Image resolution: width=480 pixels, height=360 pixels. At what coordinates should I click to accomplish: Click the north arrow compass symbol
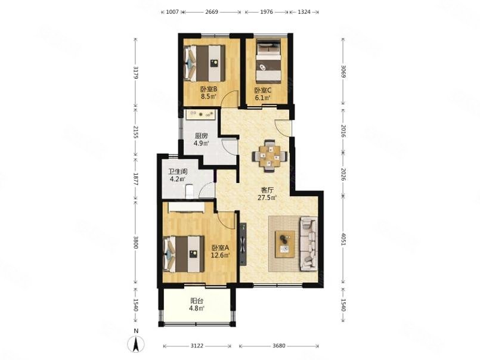coord(136,343)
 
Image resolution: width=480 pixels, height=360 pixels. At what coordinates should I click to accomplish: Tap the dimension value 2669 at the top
coord(212,12)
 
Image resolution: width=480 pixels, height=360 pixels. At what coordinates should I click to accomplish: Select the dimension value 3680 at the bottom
coord(278,346)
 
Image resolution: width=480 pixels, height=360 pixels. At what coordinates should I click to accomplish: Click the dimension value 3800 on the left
coord(136,242)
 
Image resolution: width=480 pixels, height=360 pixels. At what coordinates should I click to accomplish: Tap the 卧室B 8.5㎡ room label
coord(209,93)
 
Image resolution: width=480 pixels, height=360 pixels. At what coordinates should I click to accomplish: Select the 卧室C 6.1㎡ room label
coord(262,94)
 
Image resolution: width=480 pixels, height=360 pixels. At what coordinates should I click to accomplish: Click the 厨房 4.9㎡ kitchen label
coord(202,139)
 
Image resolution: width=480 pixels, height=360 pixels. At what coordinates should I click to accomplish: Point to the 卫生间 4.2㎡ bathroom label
coord(178,175)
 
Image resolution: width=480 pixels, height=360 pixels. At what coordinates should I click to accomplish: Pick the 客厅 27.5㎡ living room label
coord(267,194)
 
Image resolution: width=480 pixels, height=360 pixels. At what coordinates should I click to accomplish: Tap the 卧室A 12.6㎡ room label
coord(221,251)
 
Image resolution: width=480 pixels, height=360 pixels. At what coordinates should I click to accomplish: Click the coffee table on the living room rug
coord(285,244)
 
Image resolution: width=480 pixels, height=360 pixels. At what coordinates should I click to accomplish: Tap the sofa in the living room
coord(309,244)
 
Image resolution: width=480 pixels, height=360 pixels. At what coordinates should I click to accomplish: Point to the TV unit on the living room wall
coord(243,244)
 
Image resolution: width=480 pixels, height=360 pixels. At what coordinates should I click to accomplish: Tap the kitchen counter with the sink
coord(201,114)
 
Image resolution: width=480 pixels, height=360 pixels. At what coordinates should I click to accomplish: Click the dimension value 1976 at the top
coord(267,12)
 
